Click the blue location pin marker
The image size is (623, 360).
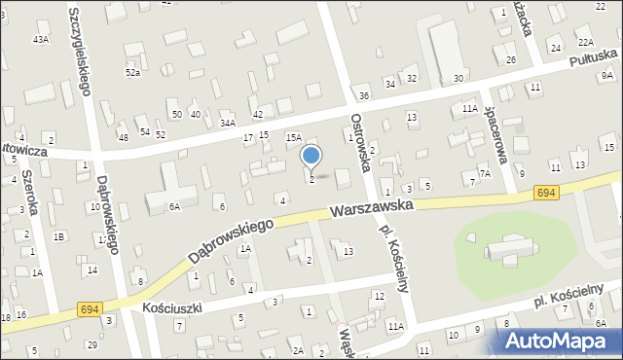click(311, 157)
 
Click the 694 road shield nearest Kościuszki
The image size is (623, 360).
click(90, 308)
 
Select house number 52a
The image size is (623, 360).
click(132, 73)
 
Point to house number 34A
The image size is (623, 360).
click(228, 124)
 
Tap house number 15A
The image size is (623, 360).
click(293, 139)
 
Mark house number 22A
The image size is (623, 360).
click(585, 42)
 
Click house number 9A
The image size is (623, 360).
click(607, 75)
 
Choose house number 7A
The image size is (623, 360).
click(484, 172)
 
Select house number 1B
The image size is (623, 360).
click(59, 236)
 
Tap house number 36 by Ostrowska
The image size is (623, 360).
click(363, 95)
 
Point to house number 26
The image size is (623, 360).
click(511, 60)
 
